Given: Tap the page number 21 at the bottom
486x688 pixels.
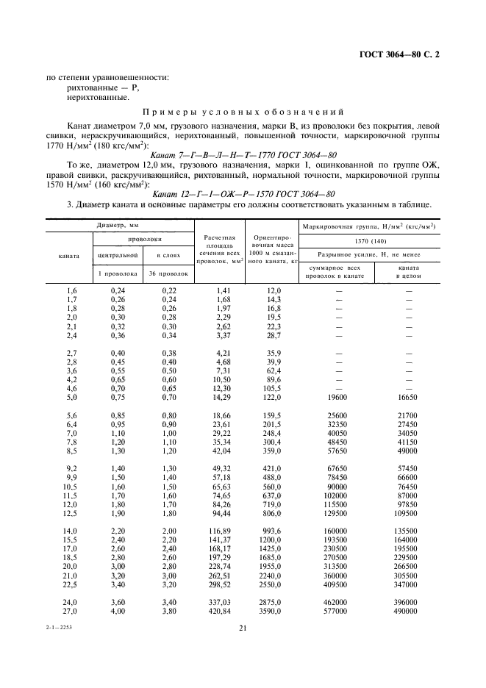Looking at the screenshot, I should tap(243, 627).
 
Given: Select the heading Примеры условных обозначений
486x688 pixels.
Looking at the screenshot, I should tap(243, 112).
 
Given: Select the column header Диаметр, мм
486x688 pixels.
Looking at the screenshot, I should tap(117, 225).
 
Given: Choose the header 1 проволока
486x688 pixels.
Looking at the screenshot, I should tap(117, 273).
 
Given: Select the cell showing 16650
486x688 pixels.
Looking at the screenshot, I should tap(409, 397).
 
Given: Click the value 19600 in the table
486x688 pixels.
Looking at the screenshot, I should tap(339, 397).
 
